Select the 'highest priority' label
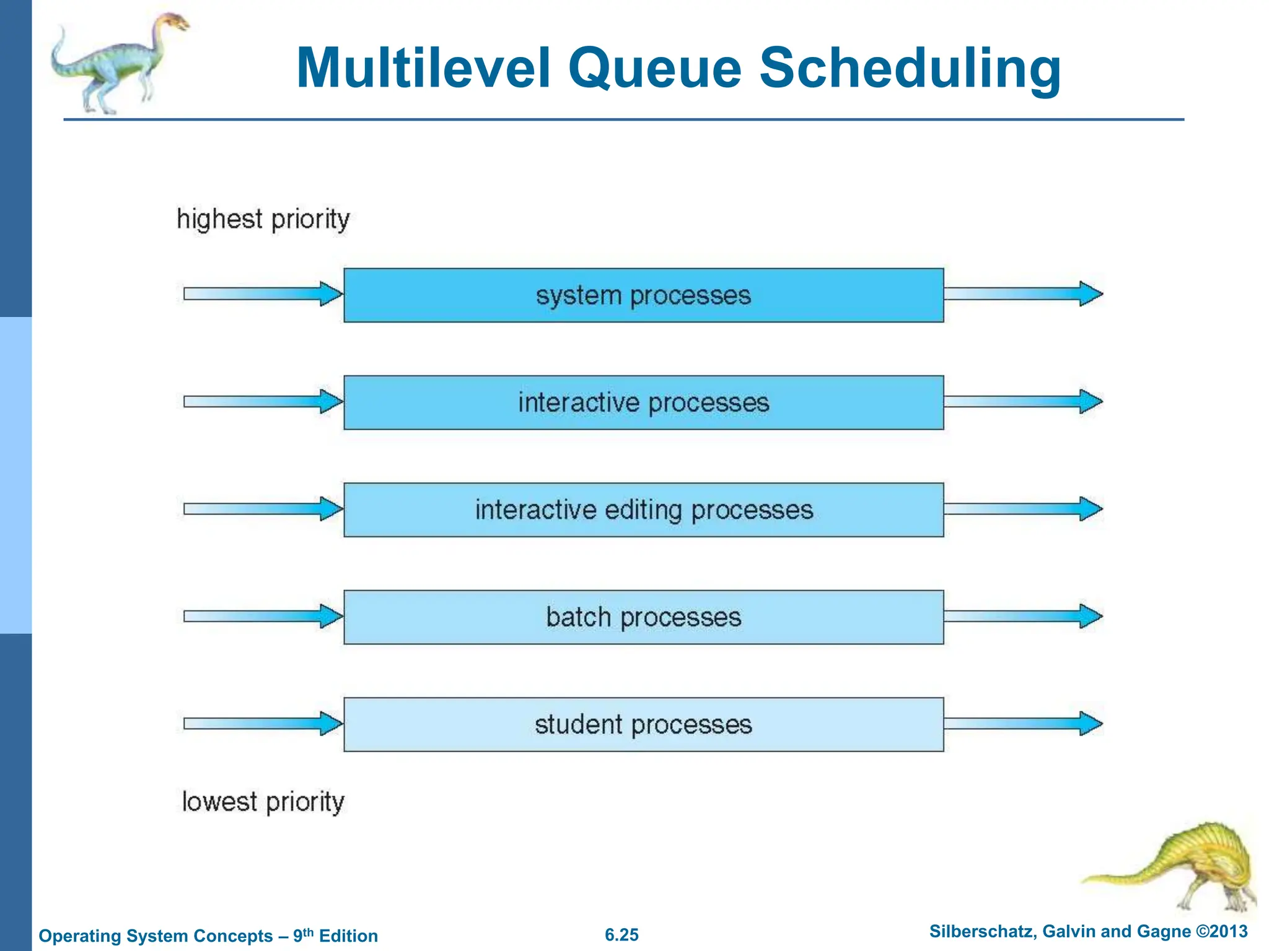coord(263,219)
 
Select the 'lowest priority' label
coord(263,802)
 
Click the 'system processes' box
coord(643,295)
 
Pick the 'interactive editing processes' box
coord(643,510)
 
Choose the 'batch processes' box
coord(643,617)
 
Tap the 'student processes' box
coord(643,724)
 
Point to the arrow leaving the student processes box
coord(1022,723)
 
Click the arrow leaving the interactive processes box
coord(1022,401)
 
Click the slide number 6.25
coord(621,935)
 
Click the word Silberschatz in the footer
coord(981,932)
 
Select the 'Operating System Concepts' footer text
coord(156,936)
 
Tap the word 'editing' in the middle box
coord(644,510)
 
